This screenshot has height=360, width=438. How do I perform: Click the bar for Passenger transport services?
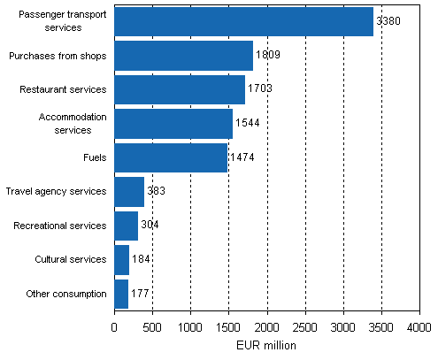(x=243, y=21)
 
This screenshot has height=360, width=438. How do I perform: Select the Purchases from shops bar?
(x=183, y=56)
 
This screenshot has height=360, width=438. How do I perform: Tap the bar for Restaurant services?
(x=180, y=89)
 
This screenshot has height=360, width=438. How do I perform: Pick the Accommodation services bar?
(x=173, y=124)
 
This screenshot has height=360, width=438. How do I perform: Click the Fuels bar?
(x=171, y=157)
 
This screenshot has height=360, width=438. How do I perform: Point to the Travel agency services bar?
(x=129, y=191)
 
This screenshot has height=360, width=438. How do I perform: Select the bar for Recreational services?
(x=126, y=226)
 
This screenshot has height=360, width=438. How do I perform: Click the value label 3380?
(x=388, y=21)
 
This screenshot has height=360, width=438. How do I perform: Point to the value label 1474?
(x=242, y=157)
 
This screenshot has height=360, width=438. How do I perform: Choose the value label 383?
(x=156, y=191)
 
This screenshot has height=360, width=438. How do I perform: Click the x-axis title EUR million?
(x=266, y=346)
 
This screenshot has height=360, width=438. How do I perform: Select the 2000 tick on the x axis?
(x=266, y=328)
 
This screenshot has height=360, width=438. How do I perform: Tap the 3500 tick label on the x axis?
(x=381, y=328)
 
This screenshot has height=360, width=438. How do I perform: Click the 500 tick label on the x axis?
(x=152, y=328)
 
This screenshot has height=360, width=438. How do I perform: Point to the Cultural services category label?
(x=69, y=259)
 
